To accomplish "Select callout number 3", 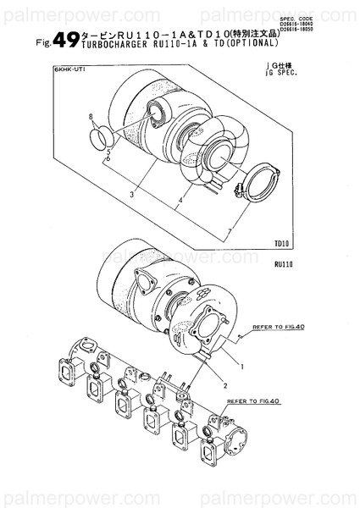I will (x=132, y=194).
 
